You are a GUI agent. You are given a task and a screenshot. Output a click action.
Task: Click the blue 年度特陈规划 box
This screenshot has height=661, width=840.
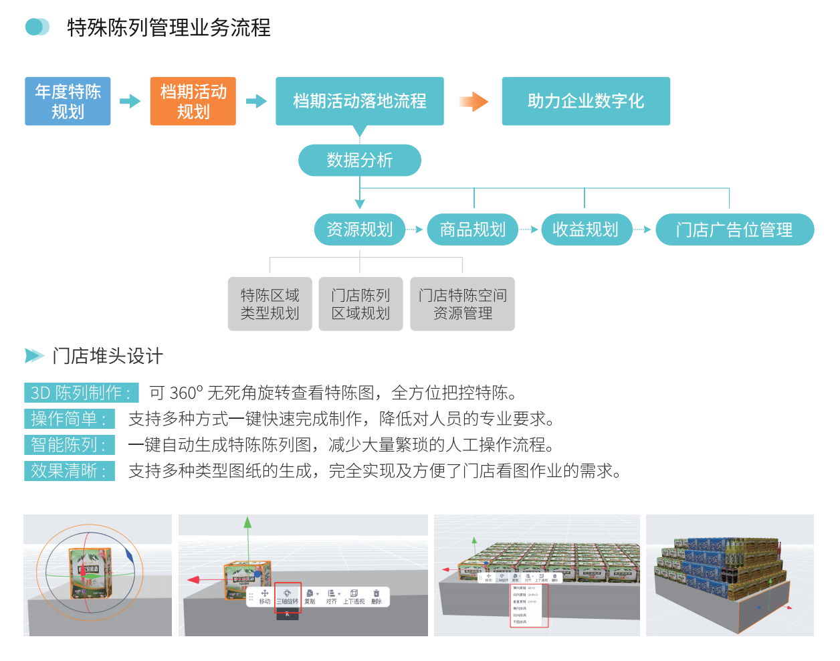point(68,101)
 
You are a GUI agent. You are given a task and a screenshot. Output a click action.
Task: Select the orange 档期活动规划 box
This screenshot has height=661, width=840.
point(193,101)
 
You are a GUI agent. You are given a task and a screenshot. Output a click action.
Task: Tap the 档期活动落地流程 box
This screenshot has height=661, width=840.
point(360,101)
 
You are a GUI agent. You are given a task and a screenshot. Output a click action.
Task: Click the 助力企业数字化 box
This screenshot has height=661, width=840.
point(586,101)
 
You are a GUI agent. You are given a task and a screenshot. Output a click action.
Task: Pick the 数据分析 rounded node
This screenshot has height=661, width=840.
point(360,161)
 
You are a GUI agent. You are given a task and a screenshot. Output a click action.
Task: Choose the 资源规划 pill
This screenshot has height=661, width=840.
point(360,229)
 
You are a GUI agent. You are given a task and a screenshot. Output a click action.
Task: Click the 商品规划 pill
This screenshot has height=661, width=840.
point(473,229)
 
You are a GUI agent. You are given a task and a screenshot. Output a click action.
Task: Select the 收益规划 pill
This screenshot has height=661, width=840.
point(586,229)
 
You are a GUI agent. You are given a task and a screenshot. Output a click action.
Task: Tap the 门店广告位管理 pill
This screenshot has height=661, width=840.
point(734,229)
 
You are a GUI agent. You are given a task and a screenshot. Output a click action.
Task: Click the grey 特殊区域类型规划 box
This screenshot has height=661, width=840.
point(270,304)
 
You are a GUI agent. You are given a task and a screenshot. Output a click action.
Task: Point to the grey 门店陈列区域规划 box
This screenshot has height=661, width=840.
point(360,304)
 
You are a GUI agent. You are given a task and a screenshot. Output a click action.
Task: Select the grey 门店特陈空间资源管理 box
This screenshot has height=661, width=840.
point(462,304)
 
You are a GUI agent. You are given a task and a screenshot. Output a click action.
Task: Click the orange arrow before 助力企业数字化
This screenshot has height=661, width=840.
point(474,102)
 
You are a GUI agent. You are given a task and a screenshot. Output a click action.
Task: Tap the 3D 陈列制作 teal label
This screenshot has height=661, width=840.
point(81,393)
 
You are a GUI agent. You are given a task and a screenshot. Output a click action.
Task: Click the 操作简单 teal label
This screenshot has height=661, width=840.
point(69,419)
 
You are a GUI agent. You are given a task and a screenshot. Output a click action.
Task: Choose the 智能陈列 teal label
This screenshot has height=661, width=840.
point(69,445)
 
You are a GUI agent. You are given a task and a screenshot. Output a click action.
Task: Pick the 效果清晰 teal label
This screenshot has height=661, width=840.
point(69,471)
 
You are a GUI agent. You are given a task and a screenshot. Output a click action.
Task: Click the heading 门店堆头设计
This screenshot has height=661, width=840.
point(107,356)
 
